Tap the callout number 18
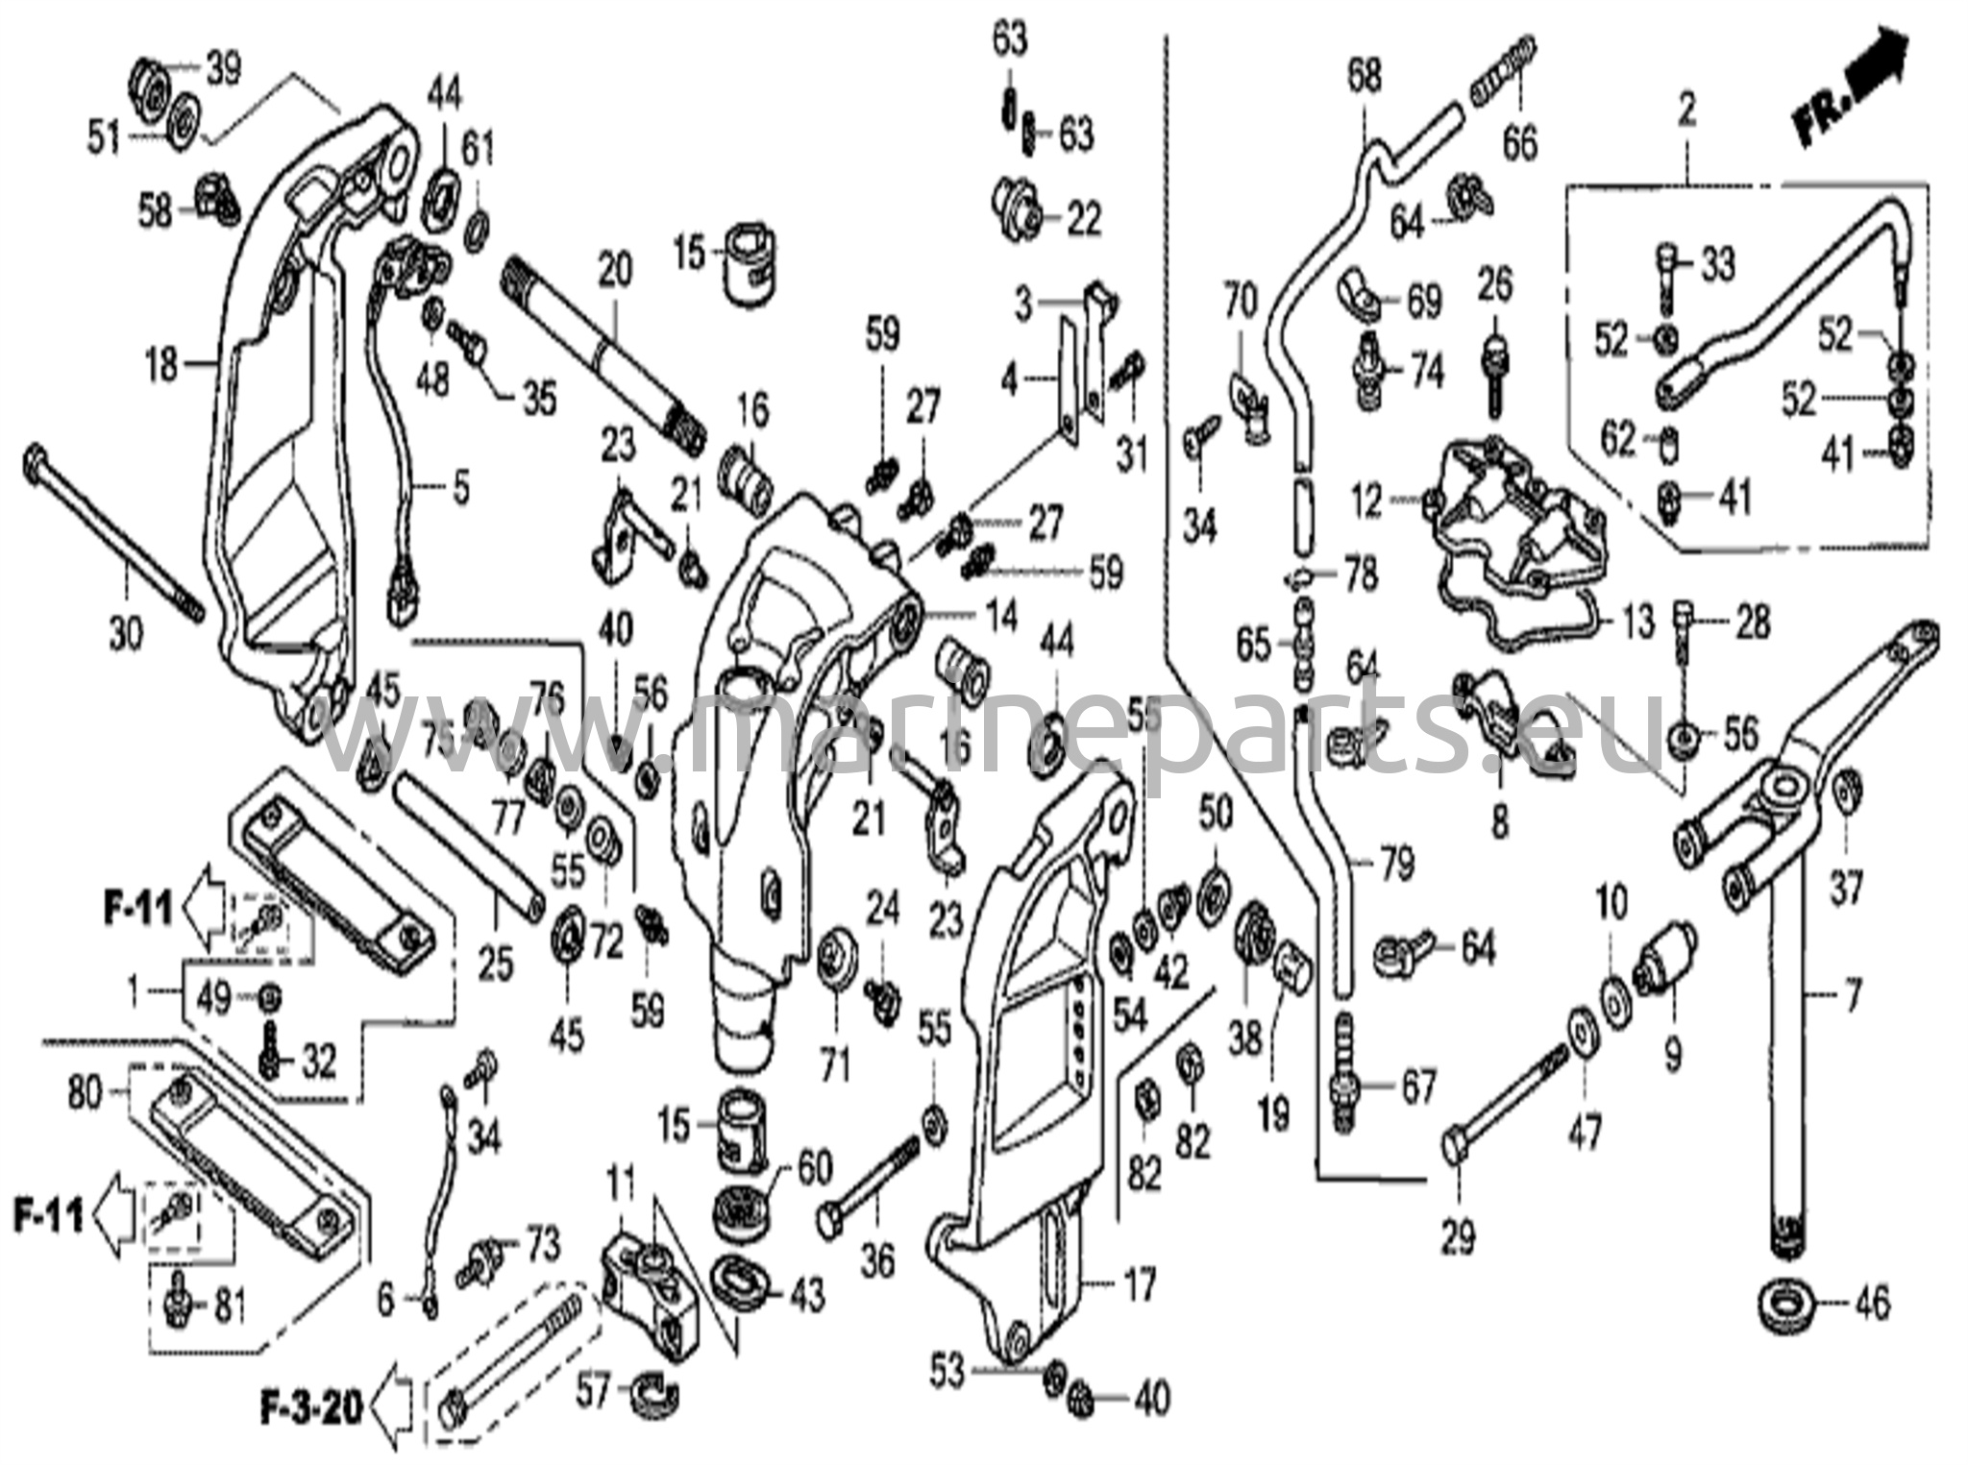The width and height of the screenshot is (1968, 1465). click(162, 364)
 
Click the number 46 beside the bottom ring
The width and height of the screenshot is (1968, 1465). click(1871, 1304)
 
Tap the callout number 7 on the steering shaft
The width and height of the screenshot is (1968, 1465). click(1853, 990)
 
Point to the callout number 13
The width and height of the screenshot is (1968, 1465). click(1638, 622)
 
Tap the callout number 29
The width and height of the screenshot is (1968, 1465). click(1457, 1238)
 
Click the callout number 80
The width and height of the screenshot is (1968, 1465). click(85, 1092)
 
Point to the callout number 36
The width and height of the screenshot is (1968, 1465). click(877, 1260)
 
